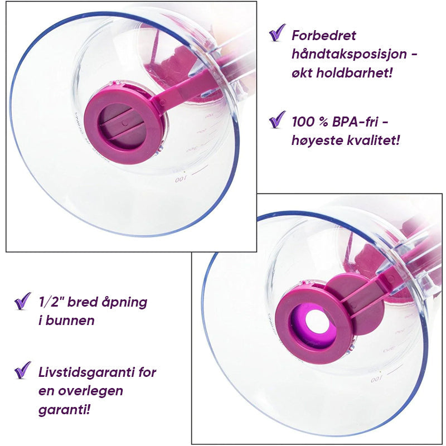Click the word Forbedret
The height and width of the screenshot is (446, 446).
[x=324, y=36]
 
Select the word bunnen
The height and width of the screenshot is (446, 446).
[x=70, y=320]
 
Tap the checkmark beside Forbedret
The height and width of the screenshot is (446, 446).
[x=277, y=32]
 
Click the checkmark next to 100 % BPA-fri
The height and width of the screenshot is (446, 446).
[x=277, y=119]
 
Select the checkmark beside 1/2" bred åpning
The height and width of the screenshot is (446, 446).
[x=22, y=300]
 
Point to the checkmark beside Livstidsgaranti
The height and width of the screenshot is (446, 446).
[x=22, y=370]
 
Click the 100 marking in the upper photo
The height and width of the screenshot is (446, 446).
[x=180, y=179]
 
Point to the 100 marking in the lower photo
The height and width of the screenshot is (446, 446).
[x=376, y=380]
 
